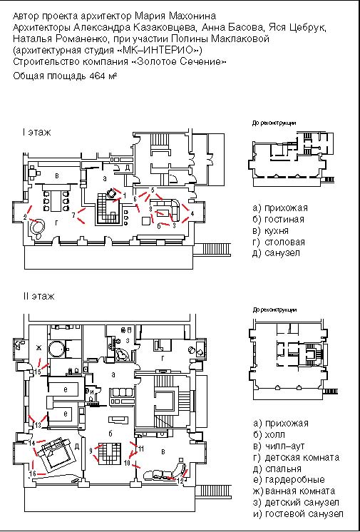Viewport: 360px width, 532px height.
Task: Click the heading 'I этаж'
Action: tap(36, 133)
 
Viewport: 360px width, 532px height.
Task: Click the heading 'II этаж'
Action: tap(38, 295)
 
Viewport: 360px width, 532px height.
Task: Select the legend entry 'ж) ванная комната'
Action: tap(296, 491)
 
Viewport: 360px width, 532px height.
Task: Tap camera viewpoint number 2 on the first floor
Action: tap(25, 216)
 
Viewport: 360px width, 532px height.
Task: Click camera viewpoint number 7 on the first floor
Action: tap(73, 215)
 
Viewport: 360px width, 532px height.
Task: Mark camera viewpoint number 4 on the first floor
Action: tap(192, 213)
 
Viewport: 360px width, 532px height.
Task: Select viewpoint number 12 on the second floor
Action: tap(182, 480)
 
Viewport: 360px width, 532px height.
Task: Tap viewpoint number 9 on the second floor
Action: tap(91, 451)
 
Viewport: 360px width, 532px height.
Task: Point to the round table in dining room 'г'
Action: tap(36, 227)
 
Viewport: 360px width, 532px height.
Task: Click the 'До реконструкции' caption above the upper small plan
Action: tap(274, 123)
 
